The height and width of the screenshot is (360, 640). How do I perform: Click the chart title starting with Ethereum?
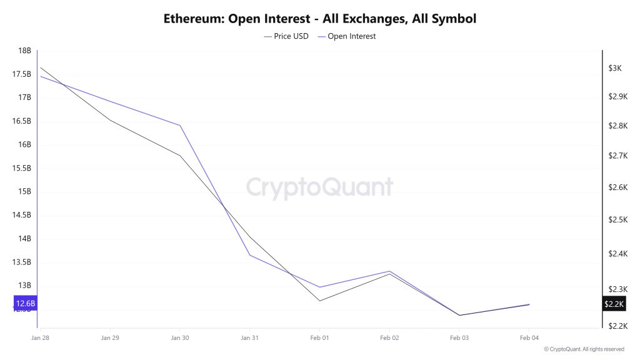[x=320, y=18]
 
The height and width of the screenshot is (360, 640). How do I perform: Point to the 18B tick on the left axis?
[x=25, y=51]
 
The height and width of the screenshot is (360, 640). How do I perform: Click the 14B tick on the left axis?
[x=25, y=239]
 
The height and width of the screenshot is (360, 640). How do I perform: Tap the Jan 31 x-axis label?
[x=249, y=337]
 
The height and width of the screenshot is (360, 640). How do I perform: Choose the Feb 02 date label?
[x=389, y=337]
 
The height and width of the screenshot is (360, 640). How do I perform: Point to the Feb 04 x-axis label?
[x=529, y=337]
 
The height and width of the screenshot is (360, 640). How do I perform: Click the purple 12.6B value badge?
[x=26, y=304]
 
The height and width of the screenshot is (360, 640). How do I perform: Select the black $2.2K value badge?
[x=613, y=304]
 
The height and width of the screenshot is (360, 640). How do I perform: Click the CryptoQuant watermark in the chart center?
[x=319, y=187]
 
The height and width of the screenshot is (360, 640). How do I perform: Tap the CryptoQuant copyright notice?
[x=584, y=349]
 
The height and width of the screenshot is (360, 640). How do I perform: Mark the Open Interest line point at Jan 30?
[x=180, y=126]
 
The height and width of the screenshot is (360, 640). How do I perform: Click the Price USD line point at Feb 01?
[x=319, y=301]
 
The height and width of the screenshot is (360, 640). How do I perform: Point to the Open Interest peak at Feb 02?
[x=389, y=271]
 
